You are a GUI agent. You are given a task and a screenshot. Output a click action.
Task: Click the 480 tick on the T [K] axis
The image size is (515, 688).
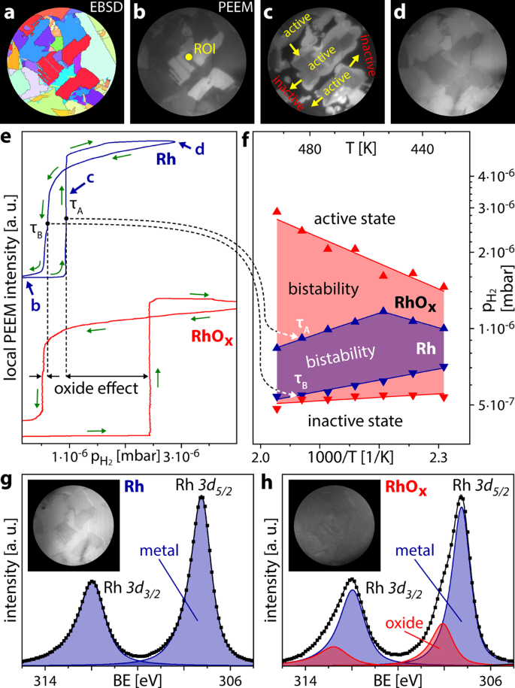click(310, 148)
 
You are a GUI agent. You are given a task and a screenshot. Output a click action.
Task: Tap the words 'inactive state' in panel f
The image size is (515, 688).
click(361, 420)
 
